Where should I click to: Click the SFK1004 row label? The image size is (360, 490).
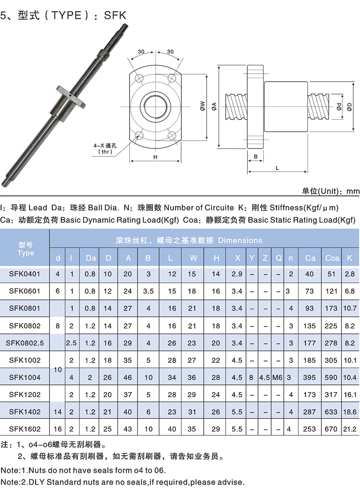[x=25, y=377]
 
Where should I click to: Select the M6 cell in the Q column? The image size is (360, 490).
[x=277, y=377]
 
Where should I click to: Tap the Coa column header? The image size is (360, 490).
[x=332, y=258]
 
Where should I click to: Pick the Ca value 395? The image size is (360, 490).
[x=309, y=377]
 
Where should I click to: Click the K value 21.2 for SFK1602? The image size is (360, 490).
[x=350, y=429]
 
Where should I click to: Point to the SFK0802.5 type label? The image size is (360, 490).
[x=25, y=343]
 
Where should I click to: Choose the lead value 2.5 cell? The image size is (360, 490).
[x=71, y=343]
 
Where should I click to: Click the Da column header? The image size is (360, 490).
[x=91, y=258]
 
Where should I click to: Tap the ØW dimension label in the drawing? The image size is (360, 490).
[x=202, y=106]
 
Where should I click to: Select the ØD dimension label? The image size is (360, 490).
[x=349, y=106]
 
